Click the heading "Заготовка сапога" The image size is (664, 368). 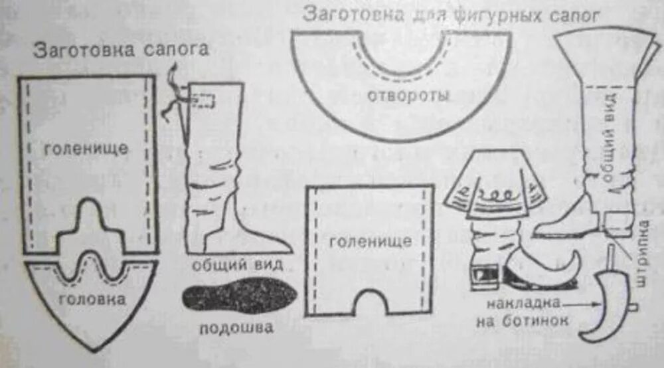[x=121, y=49]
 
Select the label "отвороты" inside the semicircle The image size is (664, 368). [x=408, y=95]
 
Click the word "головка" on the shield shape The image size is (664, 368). [x=92, y=300]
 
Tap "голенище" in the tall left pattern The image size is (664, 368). [x=86, y=148]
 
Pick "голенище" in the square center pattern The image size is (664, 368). [x=371, y=240]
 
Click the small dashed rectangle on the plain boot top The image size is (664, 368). [x=204, y=100]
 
